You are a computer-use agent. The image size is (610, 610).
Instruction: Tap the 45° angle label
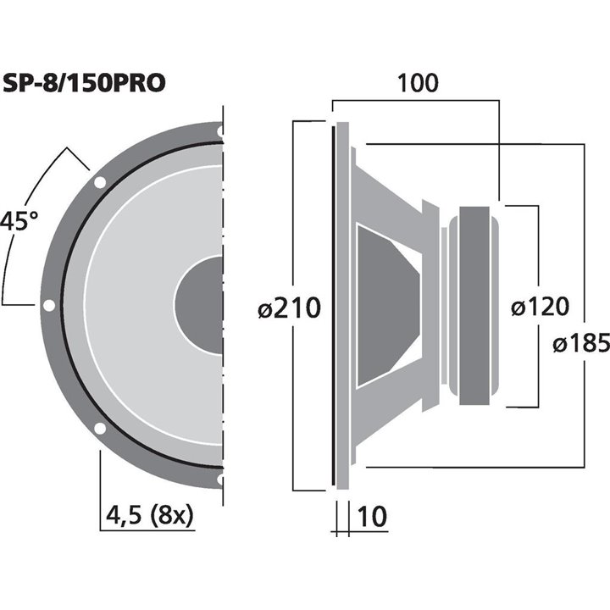(19, 223)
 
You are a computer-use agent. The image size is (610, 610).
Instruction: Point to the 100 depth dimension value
(417, 83)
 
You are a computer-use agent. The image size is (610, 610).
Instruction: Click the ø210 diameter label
(289, 308)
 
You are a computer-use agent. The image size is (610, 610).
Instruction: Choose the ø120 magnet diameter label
(540, 306)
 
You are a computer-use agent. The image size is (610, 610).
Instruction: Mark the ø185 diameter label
(580, 343)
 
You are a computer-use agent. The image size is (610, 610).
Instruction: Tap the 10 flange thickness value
(374, 514)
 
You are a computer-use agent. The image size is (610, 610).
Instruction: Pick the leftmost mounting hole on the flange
(49, 305)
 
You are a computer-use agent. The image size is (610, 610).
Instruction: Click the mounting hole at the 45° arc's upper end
(100, 181)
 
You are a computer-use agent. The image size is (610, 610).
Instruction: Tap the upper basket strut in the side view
(390, 191)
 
